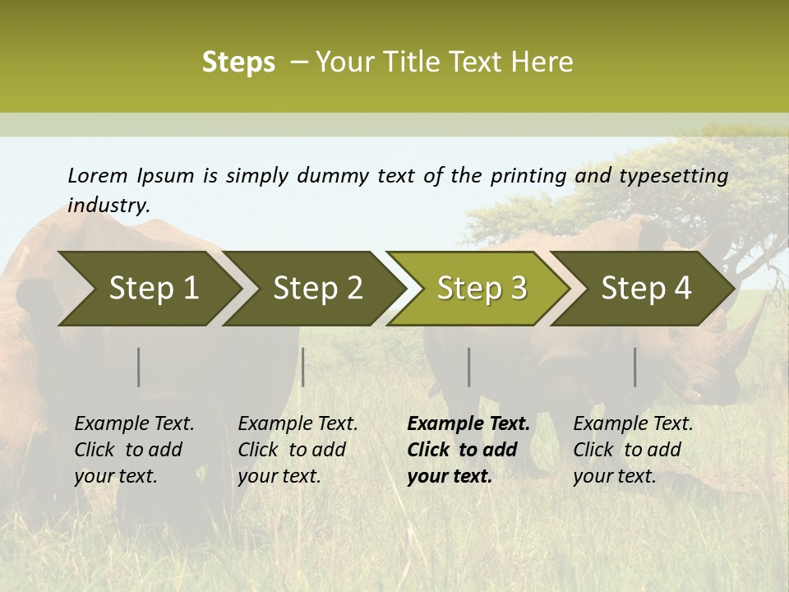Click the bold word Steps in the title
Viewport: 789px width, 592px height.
tap(238, 62)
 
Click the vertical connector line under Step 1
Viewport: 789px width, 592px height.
tap(139, 367)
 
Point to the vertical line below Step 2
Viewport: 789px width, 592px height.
tap(303, 367)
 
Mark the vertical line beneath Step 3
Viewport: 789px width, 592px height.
tap(468, 367)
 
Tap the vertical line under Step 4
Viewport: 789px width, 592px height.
tap(634, 367)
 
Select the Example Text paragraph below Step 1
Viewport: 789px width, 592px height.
tap(134, 450)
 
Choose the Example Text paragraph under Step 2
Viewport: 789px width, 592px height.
tap(298, 450)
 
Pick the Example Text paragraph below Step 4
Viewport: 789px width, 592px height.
tap(633, 450)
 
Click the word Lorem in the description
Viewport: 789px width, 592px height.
tap(98, 175)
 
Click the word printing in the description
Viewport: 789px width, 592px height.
tap(528, 175)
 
